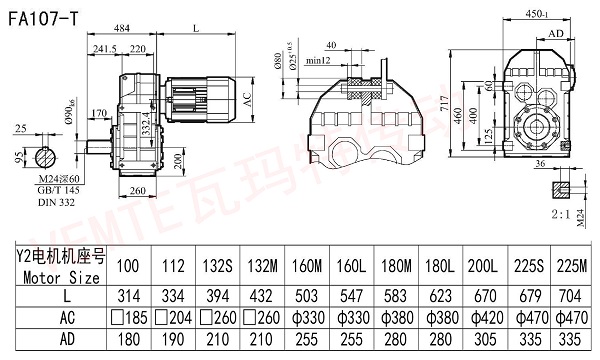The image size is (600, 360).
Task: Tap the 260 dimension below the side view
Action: [x=139, y=191]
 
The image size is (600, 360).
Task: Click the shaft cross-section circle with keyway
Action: [x=46, y=156]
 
